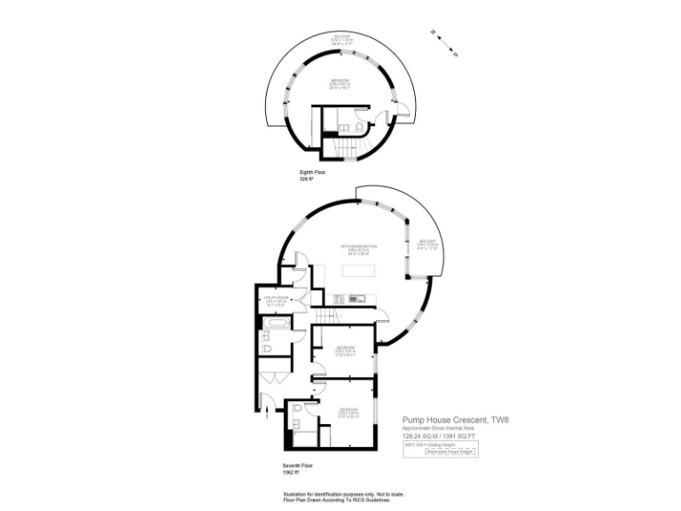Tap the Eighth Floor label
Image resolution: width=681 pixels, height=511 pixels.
[313, 173]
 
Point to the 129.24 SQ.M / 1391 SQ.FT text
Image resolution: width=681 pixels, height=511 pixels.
[439, 436]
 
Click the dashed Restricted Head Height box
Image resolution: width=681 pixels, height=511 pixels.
[451, 452]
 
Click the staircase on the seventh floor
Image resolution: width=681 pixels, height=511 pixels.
[327, 317]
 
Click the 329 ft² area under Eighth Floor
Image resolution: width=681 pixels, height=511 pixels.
[308, 180]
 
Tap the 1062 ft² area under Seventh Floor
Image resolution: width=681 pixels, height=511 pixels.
[290, 471]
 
